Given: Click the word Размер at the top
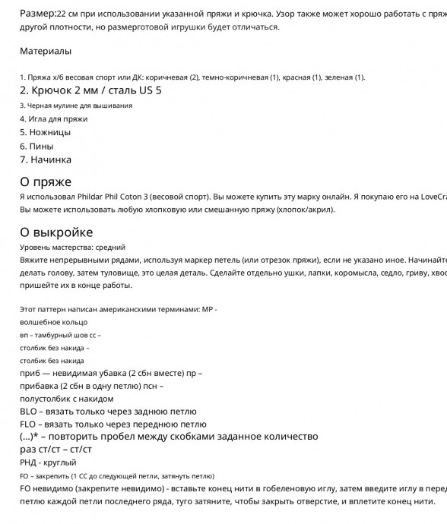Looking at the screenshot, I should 37,14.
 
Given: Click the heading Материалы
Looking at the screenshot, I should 46,51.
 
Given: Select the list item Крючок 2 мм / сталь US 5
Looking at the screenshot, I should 90,90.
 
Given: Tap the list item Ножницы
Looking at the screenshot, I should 45,132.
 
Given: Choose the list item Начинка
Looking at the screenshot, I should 46,159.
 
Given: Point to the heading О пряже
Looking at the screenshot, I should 46,182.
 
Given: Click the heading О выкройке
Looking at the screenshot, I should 56,232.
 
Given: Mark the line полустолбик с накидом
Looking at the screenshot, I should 66,399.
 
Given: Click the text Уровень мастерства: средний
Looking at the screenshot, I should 72,247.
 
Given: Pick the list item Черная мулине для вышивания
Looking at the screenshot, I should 76,106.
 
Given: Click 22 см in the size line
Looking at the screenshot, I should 68,14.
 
